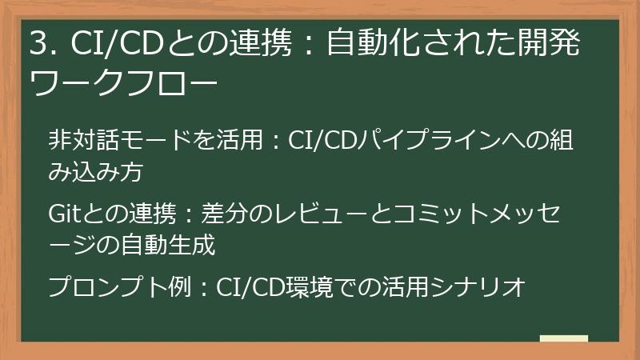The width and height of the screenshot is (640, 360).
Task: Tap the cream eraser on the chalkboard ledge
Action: [x=565, y=339]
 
